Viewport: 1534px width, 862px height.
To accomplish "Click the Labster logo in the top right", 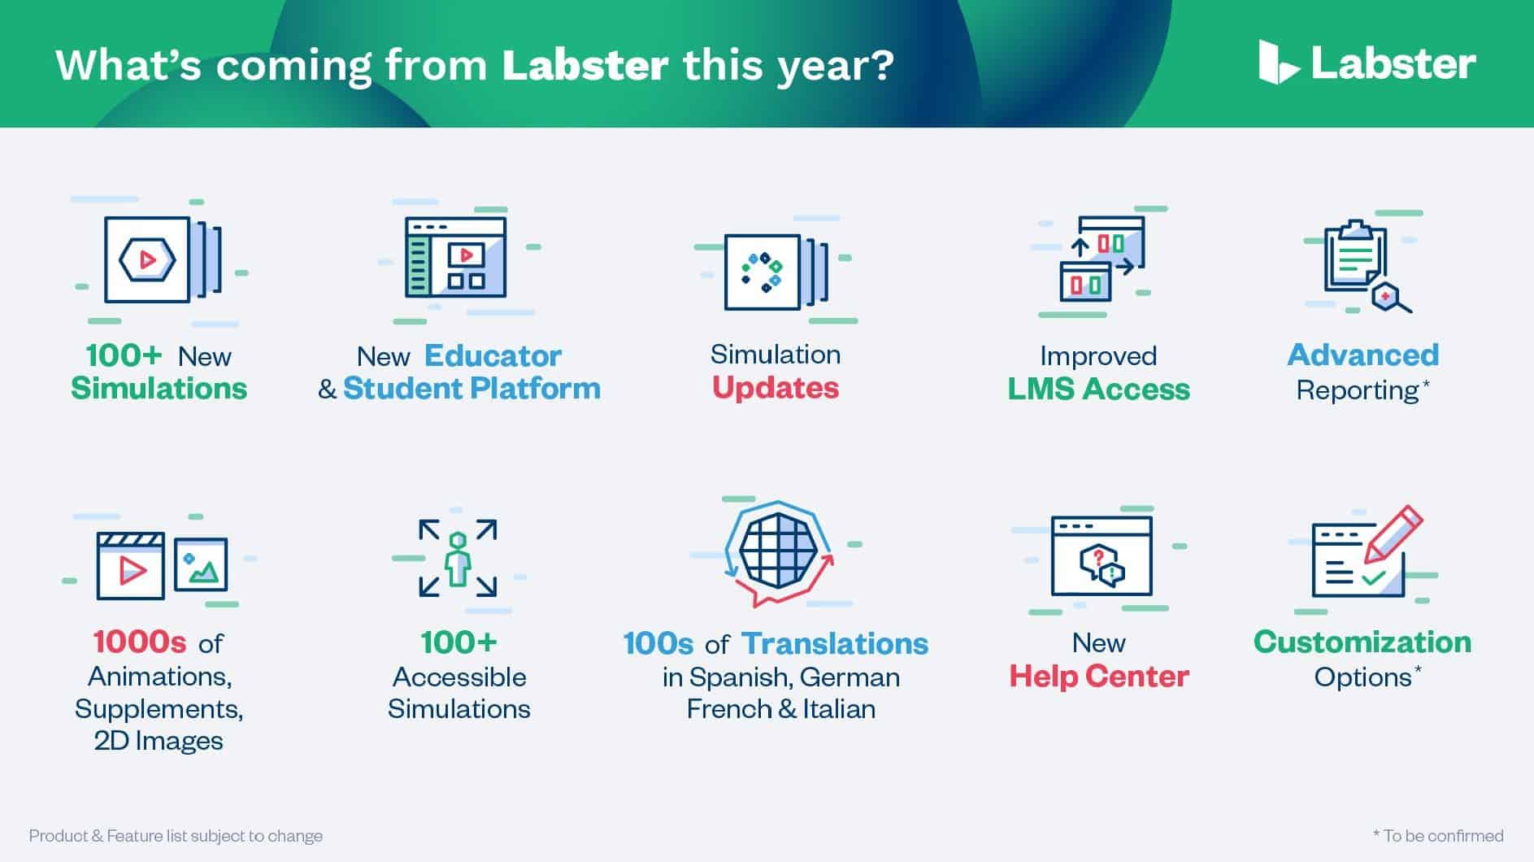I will pos(1367,63).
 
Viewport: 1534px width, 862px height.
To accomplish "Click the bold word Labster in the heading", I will pos(585,65).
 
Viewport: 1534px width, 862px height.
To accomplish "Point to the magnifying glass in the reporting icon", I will pos(1392,298).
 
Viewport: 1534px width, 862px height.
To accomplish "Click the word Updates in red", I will pos(776,388).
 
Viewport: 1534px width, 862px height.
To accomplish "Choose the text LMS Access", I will pos(1098,390).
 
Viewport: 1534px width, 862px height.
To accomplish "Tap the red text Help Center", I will pos(1098,676).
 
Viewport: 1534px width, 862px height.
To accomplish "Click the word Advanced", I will pos(1362,355).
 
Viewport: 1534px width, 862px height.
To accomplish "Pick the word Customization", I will pos(1362,642).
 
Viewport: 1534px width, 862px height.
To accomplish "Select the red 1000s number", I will pos(140,642).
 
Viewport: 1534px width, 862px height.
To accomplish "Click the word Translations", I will pos(835,643).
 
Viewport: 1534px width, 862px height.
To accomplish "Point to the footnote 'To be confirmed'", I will pos(1438,835).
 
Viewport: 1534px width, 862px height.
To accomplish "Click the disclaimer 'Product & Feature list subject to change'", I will pos(176,835).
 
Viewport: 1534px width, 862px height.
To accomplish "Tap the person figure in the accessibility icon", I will pos(458,559).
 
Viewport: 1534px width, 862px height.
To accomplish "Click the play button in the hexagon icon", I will pos(147,260).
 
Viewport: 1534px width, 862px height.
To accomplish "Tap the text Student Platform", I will pos(471,389).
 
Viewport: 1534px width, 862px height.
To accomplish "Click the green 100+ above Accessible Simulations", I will pos(458,642).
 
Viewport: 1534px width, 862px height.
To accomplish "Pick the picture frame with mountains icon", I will pos(201,564).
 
